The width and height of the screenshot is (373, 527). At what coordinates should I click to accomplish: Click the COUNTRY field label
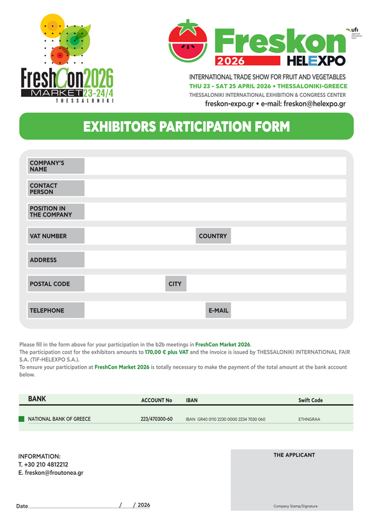[x=213, y=236]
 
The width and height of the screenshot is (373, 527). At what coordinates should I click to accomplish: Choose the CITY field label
[x=175, y=284]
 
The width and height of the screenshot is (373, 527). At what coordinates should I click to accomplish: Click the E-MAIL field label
[x=218, y=310]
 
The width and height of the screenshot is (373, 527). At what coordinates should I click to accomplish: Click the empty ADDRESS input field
[x=214, y=260]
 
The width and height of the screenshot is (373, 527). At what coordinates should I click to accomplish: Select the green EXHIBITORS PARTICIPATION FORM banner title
[x=186, y=127]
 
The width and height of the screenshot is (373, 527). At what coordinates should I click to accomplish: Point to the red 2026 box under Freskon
[x=230, y=61]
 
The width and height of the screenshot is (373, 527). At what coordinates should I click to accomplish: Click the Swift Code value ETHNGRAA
[x=309, y=419]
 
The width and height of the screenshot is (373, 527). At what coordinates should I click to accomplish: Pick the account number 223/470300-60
[x=157, y=419]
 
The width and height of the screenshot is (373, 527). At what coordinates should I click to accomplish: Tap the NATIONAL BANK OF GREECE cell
[x=60, y=419]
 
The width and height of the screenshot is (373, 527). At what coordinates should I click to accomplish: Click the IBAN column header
[x=191, y=400]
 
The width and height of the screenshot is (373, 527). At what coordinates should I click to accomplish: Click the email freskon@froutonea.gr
[x=55, y=473]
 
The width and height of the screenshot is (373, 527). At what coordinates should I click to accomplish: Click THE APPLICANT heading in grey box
[x=294, y=456]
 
